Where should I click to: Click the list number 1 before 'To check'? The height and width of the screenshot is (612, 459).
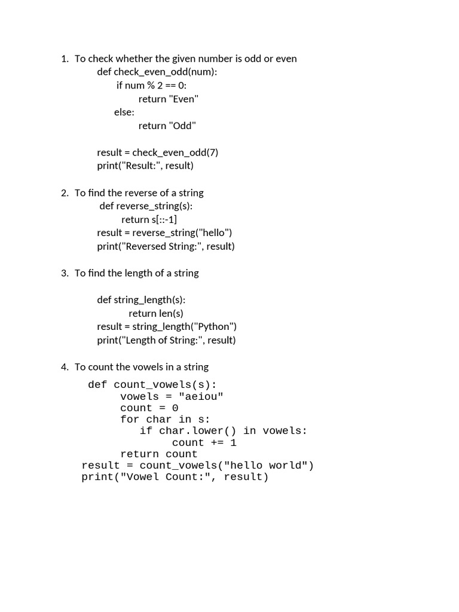click(63, 59)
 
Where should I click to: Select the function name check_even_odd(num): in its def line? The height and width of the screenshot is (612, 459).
click(166, 72)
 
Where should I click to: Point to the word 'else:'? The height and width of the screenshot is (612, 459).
click(124, 112)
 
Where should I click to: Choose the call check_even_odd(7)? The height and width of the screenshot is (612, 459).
click(175, 152)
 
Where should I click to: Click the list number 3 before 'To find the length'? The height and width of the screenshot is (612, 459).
click(64, 273)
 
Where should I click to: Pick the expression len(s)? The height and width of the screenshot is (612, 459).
click(171, 313)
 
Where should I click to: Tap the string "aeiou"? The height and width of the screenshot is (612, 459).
click(201, 397)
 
